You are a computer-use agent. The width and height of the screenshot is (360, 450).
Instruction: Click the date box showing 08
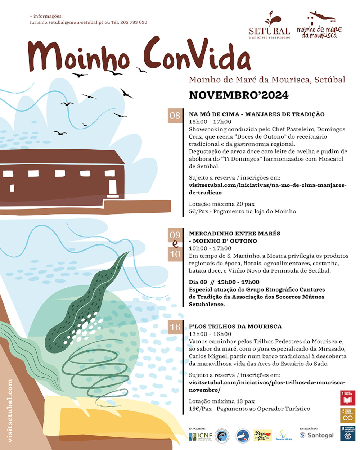click(x=175, y=116)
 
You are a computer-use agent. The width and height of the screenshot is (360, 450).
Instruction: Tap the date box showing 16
click(x=175, y=327)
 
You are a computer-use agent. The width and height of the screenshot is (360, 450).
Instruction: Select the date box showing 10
click(x=175, y=254)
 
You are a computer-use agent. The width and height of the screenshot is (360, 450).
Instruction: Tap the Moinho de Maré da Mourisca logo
click(x=319, y=26)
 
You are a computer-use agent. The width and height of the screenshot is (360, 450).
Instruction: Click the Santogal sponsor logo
click(x=317, y=435)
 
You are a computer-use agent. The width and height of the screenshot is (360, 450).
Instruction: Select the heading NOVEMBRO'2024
click(x=239, y=95)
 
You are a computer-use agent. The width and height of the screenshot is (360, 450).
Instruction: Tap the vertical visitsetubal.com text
click(x=10, y=410)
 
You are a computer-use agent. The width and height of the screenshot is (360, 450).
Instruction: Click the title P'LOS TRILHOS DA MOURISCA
click(x=235, y=327)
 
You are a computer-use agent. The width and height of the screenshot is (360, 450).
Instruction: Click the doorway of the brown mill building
click(x=112, y=186)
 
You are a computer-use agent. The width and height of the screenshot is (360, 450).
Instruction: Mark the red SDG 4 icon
click(x=347, y=398)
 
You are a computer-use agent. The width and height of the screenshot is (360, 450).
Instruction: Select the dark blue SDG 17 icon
click(x=347, y=433)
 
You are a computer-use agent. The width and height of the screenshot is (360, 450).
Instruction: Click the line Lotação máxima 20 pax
click(x=221, y=204)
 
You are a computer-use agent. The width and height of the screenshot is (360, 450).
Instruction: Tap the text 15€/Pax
click(x=200, y=409)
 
